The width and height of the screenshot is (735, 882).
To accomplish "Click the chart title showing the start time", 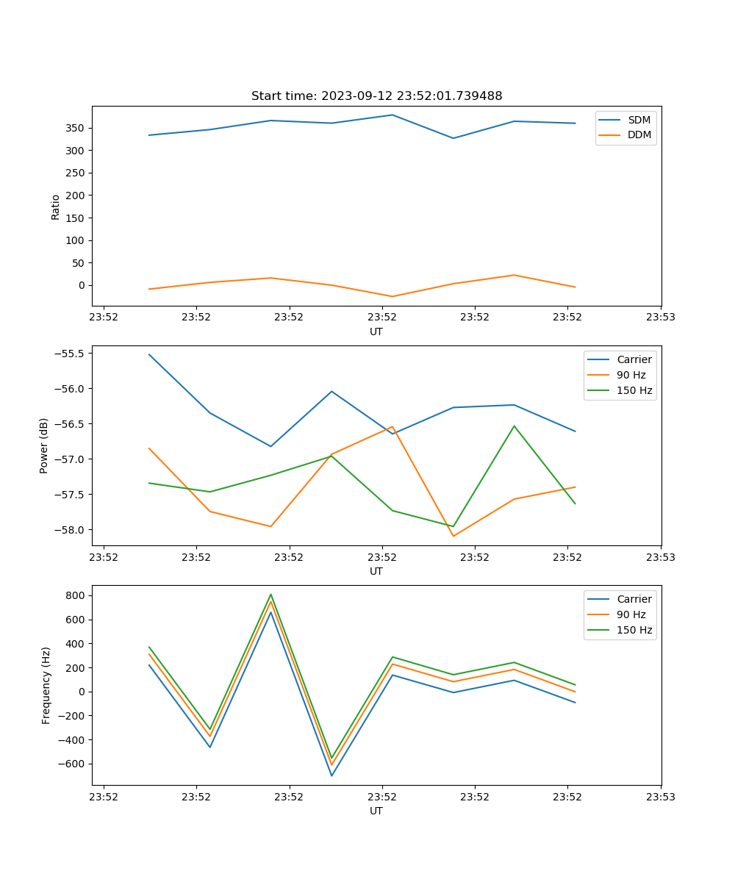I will coord(376,96).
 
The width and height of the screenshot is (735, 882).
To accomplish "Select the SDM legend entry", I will coord(639,119).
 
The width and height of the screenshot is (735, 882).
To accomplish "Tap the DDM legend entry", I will coord(639,135).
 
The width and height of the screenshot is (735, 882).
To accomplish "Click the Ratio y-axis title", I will coord(56,207).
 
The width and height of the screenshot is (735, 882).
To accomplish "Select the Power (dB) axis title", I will coord(45,445).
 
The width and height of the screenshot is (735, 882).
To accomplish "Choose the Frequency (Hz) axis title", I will coord(46,685).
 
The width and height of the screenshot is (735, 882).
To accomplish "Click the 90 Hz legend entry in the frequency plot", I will coord(631,614).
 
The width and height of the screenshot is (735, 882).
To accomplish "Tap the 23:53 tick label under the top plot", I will coord(661,318).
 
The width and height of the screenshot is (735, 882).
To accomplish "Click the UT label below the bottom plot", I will coord(376,811).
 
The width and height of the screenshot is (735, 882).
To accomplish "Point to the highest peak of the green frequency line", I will coord(270,595).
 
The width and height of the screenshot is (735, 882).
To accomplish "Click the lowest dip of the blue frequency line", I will coord(331,775).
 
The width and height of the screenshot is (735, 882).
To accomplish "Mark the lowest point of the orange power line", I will coord(453,536).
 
